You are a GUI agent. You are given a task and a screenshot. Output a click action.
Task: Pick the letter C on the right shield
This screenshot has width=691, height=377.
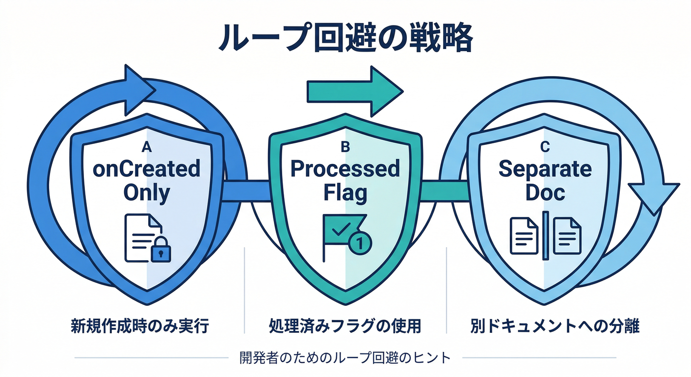pos(545,147)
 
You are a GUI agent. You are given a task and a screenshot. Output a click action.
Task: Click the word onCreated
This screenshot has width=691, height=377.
pos(147,169)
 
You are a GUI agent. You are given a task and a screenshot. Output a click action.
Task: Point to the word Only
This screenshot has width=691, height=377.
pos(146,193)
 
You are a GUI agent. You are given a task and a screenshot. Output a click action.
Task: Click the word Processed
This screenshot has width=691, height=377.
pos(345,169)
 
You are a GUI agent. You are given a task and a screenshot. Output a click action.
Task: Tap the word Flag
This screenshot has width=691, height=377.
pos(345,193)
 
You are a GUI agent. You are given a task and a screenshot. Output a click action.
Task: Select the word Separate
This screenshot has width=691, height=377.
pos(545,169)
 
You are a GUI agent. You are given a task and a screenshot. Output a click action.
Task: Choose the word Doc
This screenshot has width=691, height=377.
pos(545,193)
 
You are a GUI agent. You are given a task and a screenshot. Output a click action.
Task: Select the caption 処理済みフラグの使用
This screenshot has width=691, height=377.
pos(345,326)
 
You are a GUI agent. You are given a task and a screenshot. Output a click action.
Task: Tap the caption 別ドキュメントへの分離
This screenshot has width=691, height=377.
pos(545,326)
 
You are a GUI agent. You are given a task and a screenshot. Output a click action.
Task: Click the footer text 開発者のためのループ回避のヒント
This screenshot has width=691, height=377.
pos(345,357)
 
